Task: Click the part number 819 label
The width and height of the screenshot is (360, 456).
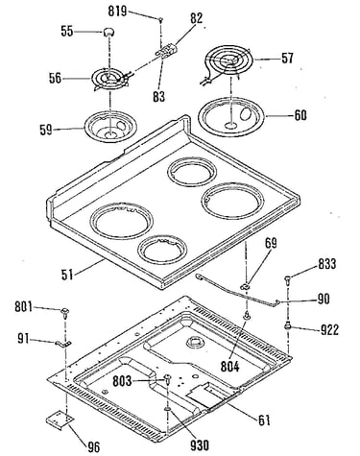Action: click(117, 12)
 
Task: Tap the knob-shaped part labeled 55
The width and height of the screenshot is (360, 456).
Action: click(108, 32)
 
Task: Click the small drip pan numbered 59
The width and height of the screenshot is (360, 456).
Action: click(110, 125)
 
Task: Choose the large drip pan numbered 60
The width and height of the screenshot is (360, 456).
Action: click(231, 116)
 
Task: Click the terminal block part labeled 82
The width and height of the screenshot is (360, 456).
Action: click(166, 51)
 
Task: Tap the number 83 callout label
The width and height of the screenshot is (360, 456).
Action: click(159, 96)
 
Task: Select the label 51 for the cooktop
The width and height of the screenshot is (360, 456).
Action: click(67, 275)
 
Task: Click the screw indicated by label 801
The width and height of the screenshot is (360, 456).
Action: click(65, 313)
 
